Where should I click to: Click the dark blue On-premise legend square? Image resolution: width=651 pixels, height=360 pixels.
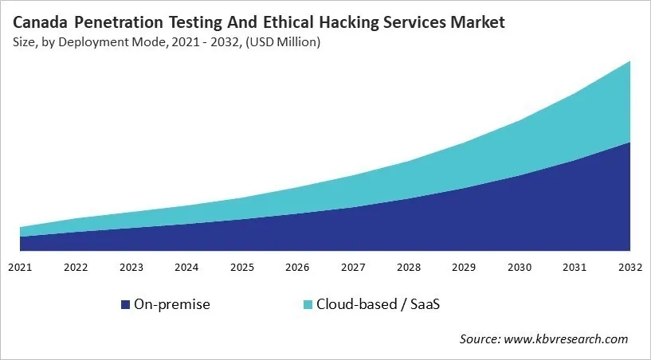point(125,304)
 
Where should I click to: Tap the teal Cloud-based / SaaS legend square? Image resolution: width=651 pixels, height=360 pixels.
point(308,304)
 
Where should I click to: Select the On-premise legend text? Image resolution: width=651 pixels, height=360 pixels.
point(171,304)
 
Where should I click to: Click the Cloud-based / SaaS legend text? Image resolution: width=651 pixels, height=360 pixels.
point(377,304)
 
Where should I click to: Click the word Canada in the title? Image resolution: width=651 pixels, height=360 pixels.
point(41,23)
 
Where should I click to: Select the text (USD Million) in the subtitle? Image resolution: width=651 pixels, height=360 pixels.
point(281,42)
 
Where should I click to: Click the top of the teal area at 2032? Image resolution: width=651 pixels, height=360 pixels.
point(630,62)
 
